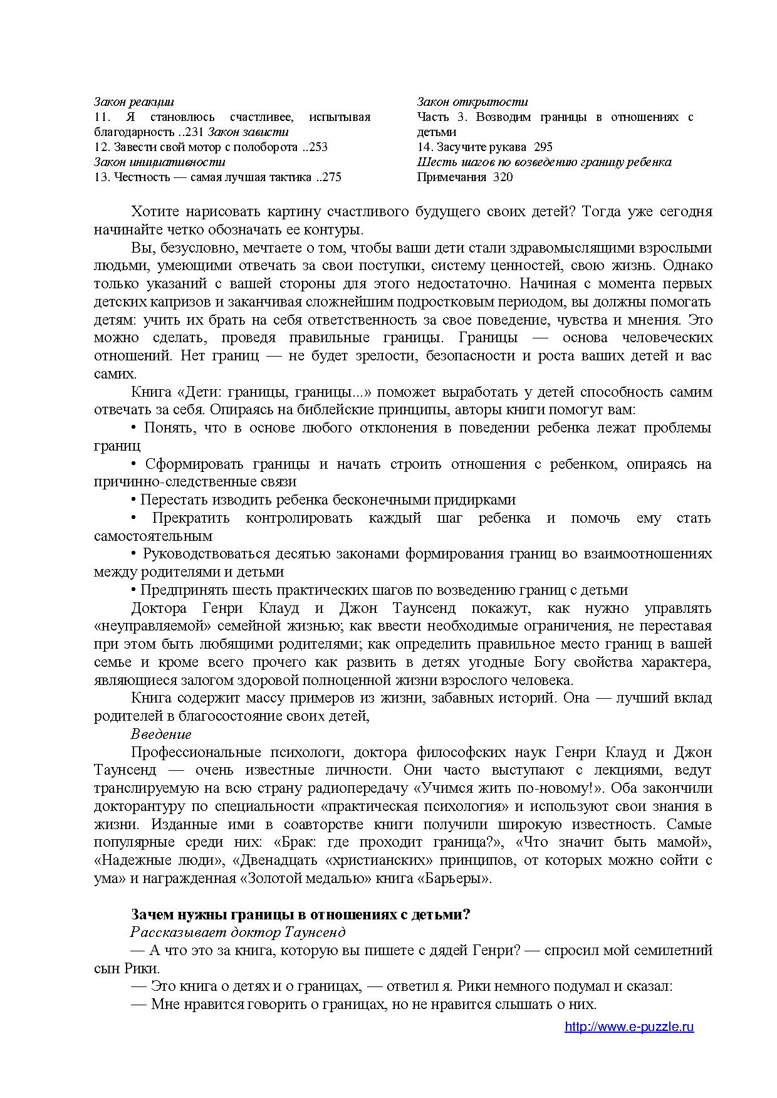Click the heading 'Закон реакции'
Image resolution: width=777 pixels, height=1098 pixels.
(x=134, y=102)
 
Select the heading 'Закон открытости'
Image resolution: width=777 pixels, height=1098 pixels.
(x=472, y=102)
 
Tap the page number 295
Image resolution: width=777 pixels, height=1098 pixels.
(x=543, y=147)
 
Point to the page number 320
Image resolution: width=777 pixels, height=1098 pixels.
(x=503, y=177)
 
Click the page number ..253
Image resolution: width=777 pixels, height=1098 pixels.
(x=315, y=147)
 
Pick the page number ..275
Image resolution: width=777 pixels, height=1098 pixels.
(x=328, y=177)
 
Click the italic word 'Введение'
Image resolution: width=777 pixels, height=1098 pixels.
(x=161, y=734)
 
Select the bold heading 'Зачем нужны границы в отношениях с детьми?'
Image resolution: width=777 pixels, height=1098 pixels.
(x=300, y=914)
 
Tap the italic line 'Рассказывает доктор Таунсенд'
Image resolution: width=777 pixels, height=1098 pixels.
(x=238, y=932)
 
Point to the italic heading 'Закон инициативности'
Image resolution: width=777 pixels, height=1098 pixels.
(x=159, y=162)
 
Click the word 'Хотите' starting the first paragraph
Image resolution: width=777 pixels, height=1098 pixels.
(x=152, y=211)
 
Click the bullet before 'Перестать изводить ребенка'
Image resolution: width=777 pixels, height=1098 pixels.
(x=133, y=500)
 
